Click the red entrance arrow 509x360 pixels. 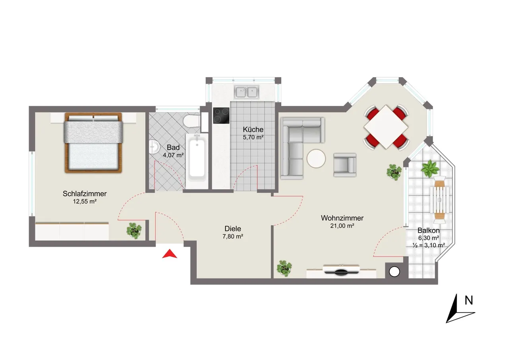[x=169, y=254]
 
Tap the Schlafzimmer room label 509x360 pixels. [x=85, y=194]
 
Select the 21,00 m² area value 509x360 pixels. [x=342, y=226]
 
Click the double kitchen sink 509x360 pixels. [x=247, y=92]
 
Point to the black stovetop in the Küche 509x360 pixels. [x=221, y=115]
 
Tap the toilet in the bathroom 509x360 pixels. [x=192, y=121]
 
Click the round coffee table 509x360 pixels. [x=316, y=158]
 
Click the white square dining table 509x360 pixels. [x=386, y=127]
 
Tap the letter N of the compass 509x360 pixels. [x=469, y=300]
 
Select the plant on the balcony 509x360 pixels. [x=430, y=168]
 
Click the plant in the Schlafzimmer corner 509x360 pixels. [x=134, y=231]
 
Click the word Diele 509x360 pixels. [x=233, y=229]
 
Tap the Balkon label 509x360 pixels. [x=429, y=230]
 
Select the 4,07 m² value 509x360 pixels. [x=173, y=155]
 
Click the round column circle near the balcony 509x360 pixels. [x=394, y=272]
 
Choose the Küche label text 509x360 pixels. [x=253, y=129]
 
